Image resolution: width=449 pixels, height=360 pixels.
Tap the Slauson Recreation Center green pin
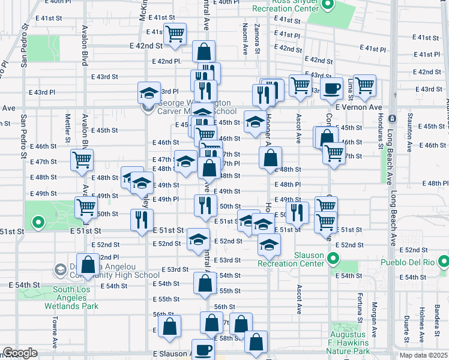click(334, 260)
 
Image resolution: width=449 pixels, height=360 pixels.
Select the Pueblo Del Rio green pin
click(444, 262)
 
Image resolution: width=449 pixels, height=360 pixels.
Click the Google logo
click(20, 353)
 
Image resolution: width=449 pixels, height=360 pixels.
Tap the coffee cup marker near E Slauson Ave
click(202, 349)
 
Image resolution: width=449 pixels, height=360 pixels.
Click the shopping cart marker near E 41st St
click(175, 34)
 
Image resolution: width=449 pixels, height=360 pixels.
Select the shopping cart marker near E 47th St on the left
click(82, 160)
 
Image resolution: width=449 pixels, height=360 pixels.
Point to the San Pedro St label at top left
click(25, 46)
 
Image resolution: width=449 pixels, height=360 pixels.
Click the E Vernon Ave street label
click(359, 107)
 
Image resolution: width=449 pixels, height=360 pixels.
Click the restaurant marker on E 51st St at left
click(142, 220)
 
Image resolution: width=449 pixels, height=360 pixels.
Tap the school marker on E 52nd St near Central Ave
click(198, 239)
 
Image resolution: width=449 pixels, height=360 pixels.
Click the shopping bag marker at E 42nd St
click(204, 50)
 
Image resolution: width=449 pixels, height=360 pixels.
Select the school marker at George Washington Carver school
click(149, 92)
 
